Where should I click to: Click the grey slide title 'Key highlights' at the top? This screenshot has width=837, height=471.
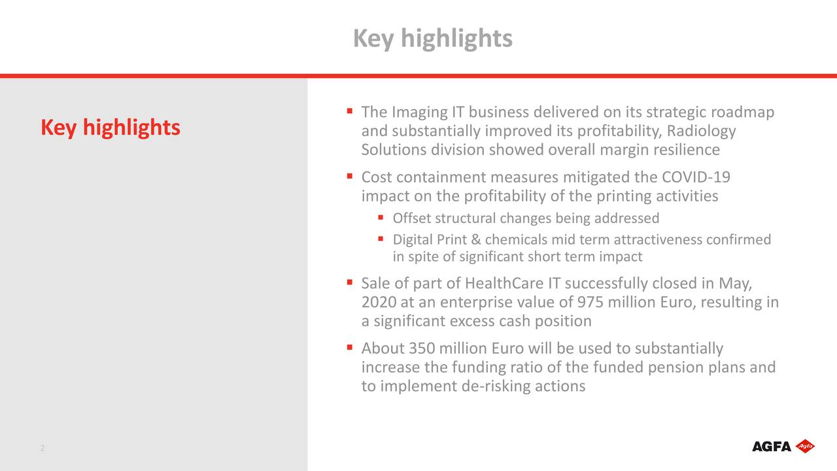(x=432, y=39)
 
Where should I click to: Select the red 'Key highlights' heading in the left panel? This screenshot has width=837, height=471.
(x=110, y=128)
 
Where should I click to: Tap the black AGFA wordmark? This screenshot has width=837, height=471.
(x=772, y=447)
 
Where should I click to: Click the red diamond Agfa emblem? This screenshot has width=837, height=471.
(x=805, y=447)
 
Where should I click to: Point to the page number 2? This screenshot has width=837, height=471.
(x=43, y=448)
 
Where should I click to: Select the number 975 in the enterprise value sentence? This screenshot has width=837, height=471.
(x=591, y=302)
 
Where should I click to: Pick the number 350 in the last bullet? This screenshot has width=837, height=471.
(x=422, y=348)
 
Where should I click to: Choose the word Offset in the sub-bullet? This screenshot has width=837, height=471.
(x=411, y=218)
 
